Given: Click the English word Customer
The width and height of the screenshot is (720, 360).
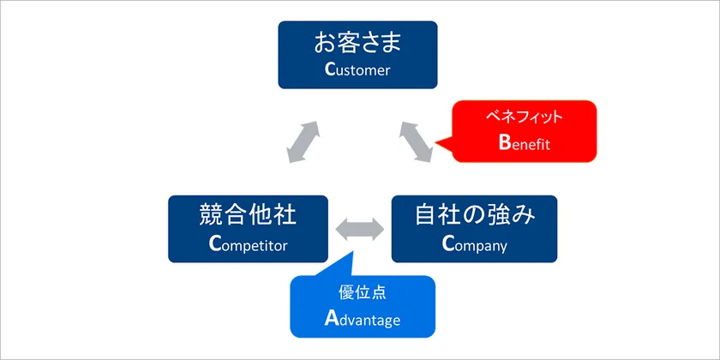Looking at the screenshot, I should pyautogui.click(x=357, y=69).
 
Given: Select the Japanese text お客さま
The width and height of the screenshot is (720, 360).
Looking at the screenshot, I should pyautogui.click(x=357, y=42).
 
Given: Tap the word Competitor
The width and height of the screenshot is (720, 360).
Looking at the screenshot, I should pyautogui.click(x=248, y=244).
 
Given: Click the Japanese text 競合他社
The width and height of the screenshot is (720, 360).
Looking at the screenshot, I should pyautogui.click(x=248, y=214).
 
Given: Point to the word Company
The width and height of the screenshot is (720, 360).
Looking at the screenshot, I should pyautogui.click(x=474, y=244).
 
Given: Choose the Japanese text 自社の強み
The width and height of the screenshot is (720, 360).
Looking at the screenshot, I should pyautogui.click(x=474, y=214).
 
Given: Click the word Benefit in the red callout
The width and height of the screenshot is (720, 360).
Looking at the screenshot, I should pyautogui.click(x=524, y=142).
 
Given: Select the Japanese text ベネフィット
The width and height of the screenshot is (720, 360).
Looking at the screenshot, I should pyautogui.click(x=524, y=116).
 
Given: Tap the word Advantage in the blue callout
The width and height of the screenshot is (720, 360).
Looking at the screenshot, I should pyautogui.click(x=362, y=319).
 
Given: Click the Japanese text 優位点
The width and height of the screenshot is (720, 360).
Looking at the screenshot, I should pyautogui.click(x=362, y=291).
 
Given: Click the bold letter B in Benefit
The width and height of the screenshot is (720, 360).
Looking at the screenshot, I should pyautogui.click(x=504, y=142).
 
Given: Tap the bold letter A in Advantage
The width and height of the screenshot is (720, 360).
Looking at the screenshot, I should pyautogui.click(x=331, y=319).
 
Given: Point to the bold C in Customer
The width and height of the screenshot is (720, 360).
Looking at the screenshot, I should pyautogui.click(x=330, y=69).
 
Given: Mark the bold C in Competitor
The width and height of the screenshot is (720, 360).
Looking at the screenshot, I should pyautogui.click(x=214, y=244).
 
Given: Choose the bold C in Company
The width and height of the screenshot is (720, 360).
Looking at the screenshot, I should pyautogui.click(x=447, y=244).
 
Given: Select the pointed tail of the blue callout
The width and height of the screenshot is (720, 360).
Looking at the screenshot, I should pyautogui.click(x=353, y=255).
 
